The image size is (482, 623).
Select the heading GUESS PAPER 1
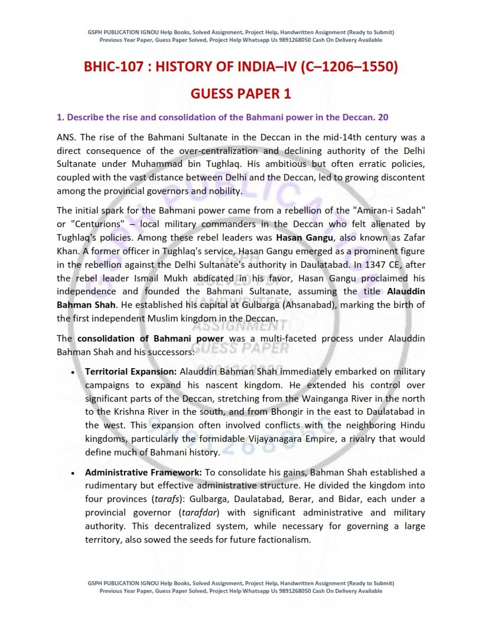click(240, 94)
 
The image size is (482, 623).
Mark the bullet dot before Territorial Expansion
click(72, 373)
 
